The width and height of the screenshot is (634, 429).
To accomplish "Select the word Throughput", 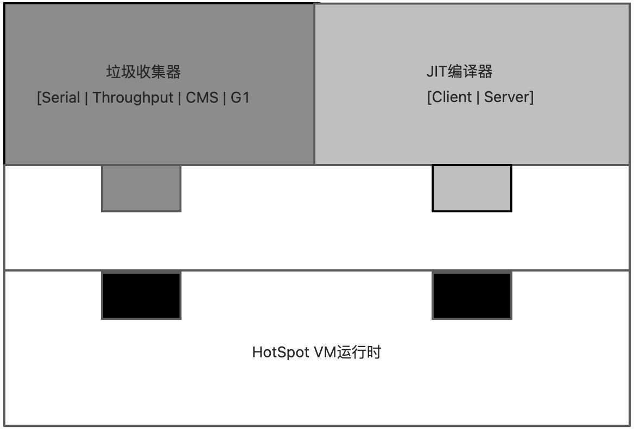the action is point(133,98).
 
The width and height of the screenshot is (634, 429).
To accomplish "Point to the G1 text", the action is point(240,98).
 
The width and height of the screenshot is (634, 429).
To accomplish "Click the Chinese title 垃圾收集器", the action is point(143,72).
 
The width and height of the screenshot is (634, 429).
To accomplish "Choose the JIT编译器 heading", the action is point(459,71).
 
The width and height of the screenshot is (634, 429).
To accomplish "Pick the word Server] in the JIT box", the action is point(509,97).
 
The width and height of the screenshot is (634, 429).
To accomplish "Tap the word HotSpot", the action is point(281,352).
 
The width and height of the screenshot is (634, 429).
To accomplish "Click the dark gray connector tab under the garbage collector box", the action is point(141,188).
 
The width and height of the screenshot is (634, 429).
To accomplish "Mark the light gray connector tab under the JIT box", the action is point(472,188).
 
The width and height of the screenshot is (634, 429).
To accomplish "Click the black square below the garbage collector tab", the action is point(141,295).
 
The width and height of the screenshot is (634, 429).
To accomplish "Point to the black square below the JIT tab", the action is point(472,295).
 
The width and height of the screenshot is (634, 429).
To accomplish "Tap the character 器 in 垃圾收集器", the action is point(174,72).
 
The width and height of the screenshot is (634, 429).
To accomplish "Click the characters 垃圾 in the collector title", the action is point(121,72).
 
